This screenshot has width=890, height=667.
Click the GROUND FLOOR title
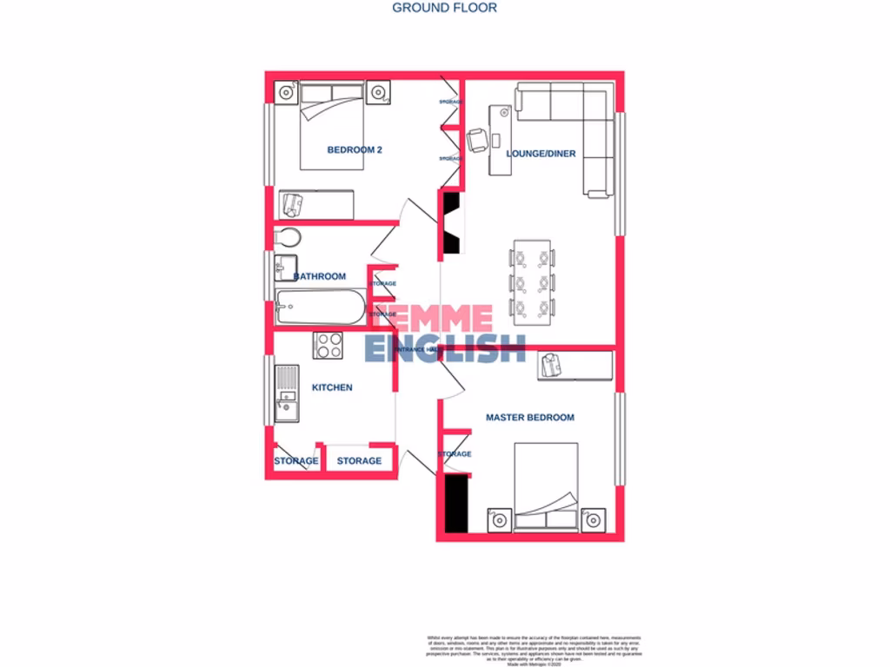tap(444, 8)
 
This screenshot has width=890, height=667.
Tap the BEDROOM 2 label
tap(355, 150)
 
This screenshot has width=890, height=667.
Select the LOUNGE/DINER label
tap(541, 154)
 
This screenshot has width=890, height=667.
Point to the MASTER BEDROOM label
tap(529, 418)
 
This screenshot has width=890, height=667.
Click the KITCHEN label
tap(332, 387)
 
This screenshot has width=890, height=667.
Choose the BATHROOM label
tap(320, 276)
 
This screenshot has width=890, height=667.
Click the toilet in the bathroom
tap(288, 238)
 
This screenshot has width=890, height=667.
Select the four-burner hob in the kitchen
tap(329, 346)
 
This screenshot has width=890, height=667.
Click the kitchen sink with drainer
tap(286, 393)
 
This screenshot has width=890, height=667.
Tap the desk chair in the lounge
tap(477, 139)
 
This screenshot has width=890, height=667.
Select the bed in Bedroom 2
tap(332, 126)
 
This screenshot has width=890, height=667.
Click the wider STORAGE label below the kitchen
tap(359, 461)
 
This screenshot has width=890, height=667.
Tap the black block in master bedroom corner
tap(456, 505)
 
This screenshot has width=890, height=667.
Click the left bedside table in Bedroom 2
tap(286, 92)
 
